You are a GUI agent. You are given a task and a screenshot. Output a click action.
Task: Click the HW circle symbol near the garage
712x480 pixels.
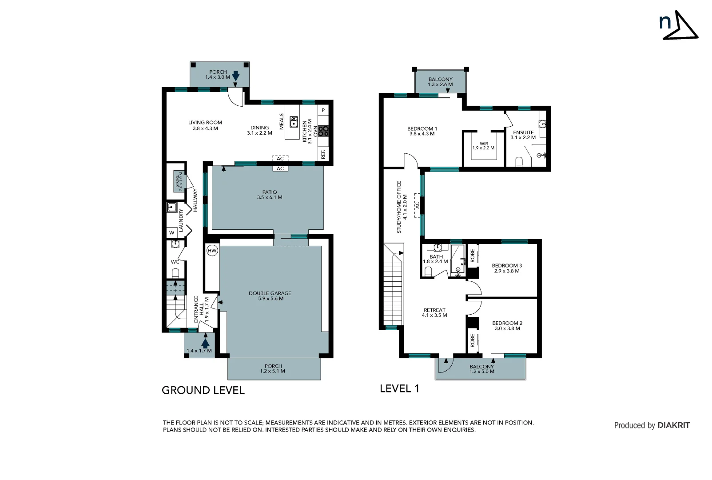[x=212, y=251]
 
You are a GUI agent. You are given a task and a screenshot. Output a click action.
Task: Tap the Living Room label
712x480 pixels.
[x=205, y=125]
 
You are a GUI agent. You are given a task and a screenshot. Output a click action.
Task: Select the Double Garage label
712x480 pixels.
[x=270, y=296]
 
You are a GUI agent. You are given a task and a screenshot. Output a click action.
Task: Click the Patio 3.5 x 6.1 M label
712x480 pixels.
[x=270, y=195]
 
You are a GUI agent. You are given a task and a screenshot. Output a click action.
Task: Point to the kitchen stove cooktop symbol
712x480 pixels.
[x=324, y=131]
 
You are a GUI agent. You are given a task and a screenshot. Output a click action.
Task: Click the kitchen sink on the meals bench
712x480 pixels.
[x=294, y=122]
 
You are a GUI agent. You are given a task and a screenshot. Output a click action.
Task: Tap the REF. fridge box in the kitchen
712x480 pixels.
[x=323, y=154]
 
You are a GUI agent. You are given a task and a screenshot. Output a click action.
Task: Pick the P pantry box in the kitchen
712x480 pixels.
[x=323, y=110]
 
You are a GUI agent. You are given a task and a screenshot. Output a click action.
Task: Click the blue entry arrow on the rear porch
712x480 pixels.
[x=236, y=76]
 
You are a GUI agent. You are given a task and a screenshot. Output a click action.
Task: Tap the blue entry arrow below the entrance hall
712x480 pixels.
[x=205, y=343]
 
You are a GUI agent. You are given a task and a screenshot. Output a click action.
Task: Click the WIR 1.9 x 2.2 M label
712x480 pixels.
[x=483, y=146]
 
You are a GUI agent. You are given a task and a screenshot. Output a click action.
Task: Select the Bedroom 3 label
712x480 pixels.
[x=507, y=268]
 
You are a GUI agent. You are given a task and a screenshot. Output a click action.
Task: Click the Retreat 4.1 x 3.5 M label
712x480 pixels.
[x=434, y=312]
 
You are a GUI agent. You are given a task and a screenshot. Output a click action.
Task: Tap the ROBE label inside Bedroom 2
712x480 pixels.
[x=473, y=341]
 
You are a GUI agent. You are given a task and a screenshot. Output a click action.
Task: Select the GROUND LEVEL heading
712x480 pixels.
[x=203, y=390]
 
